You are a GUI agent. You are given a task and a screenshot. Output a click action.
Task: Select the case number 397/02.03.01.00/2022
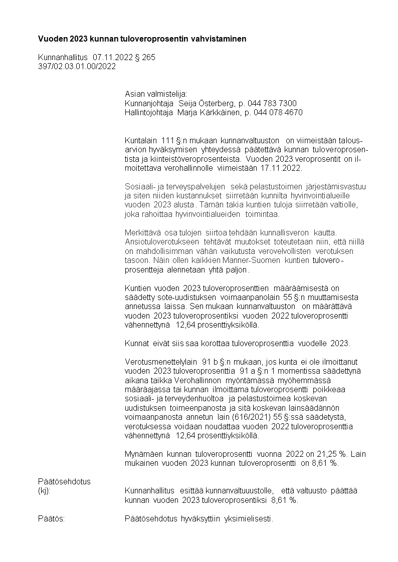[x=77, y=66]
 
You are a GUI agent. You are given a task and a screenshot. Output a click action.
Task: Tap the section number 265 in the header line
[x=149, y=58]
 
